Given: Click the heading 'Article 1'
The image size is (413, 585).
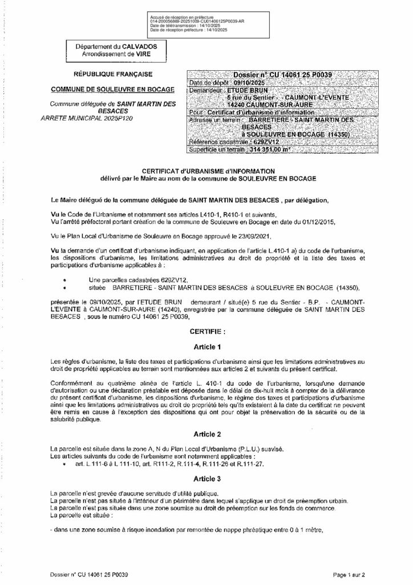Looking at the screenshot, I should pos(206,347).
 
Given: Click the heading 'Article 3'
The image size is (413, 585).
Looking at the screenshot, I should pos(206,478).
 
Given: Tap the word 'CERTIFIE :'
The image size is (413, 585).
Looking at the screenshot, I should pos(206,330).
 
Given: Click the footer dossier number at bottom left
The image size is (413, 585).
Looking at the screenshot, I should pos(89,575).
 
